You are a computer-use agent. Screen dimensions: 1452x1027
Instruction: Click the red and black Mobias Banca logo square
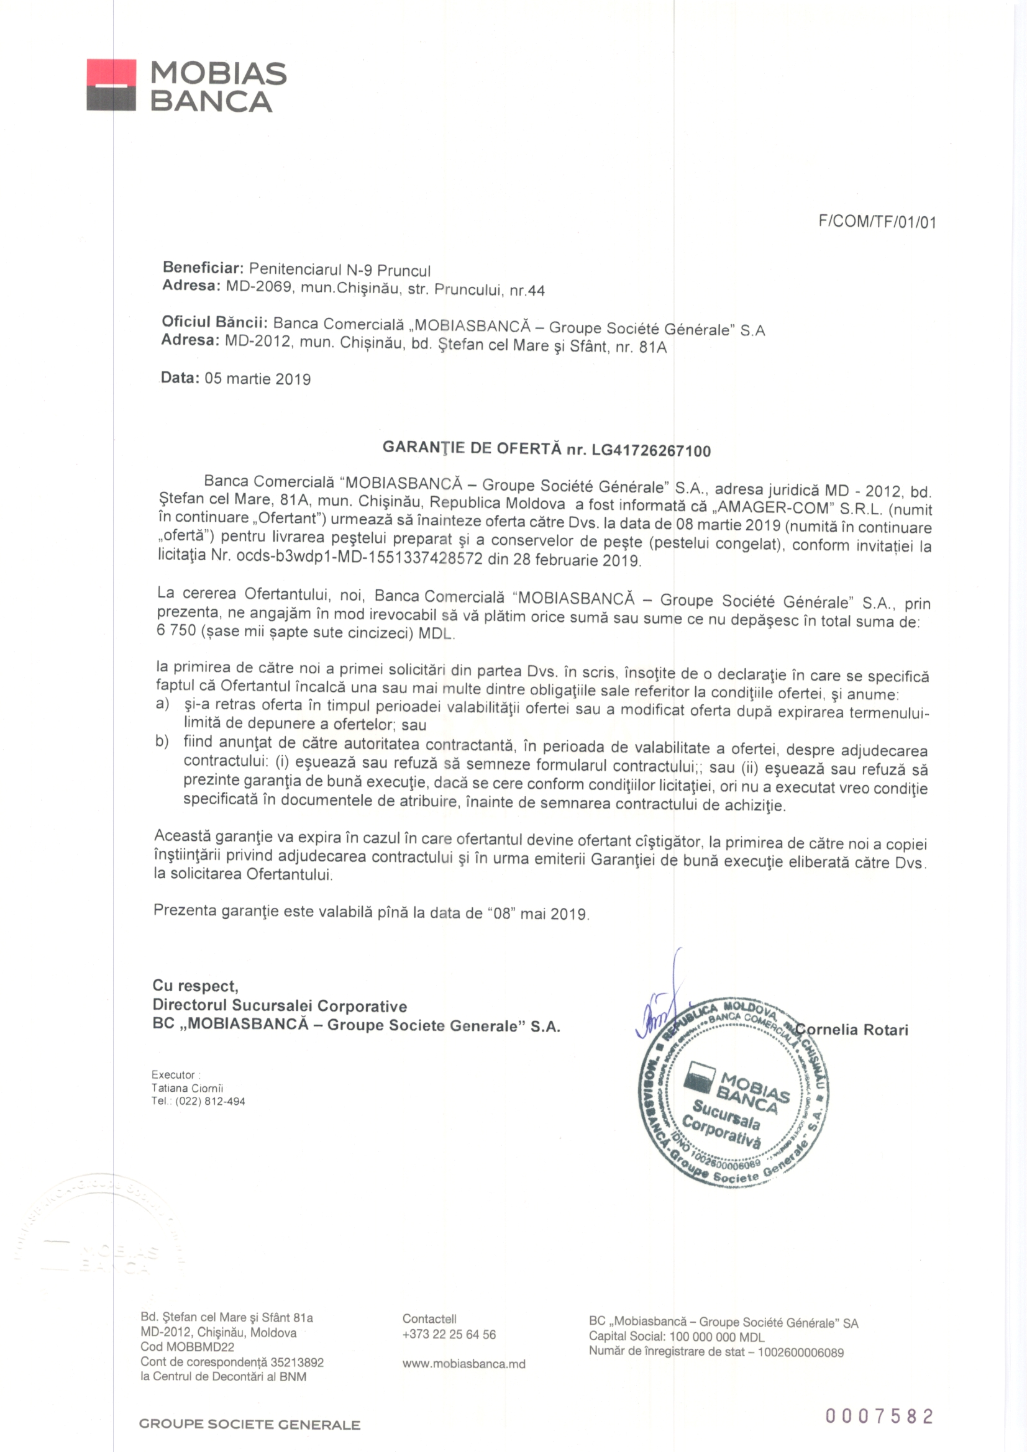[x=111, y=85]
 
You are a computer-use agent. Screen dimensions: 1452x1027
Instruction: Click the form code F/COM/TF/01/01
[x=877, y=222]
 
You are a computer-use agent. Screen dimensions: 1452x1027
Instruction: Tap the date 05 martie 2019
[x=258, y=379]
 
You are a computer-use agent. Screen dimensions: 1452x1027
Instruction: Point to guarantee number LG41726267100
[x=651, y=451]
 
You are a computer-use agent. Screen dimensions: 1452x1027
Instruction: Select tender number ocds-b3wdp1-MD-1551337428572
[x=359, y=558]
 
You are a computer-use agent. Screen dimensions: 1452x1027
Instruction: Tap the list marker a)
[x=163, y=704]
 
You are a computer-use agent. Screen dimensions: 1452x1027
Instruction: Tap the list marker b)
[x=163, y=741]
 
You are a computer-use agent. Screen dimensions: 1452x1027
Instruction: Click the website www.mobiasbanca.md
[x=464, y=1363]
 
